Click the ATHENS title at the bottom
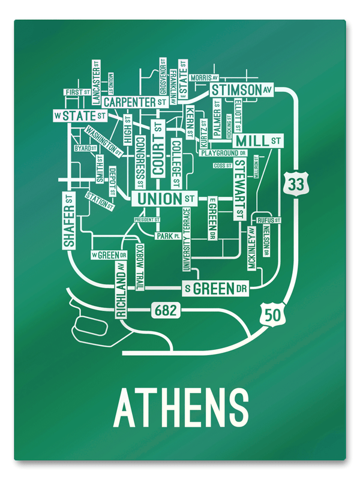click(181, 407)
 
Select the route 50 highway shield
click(269, 314)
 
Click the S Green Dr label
click(216, 289)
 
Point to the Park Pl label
click(168, 236)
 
